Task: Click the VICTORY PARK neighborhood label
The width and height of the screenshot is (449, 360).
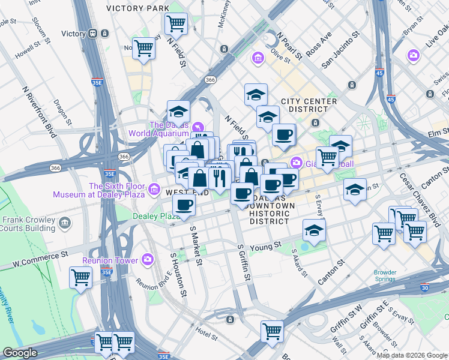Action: click(137, 8)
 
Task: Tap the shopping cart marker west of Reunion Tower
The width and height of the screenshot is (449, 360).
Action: click(80, 278)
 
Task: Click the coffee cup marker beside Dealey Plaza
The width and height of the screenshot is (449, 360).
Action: click(184, 205)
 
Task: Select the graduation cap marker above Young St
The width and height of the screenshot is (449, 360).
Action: click(314, 230)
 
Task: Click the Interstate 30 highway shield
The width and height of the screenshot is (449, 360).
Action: click(426, 288)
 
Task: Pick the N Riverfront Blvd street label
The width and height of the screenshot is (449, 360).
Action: click(39, 111)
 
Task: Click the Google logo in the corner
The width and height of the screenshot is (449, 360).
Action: click(20, 353)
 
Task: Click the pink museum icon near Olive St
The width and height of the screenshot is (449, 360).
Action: click(258, 58)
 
